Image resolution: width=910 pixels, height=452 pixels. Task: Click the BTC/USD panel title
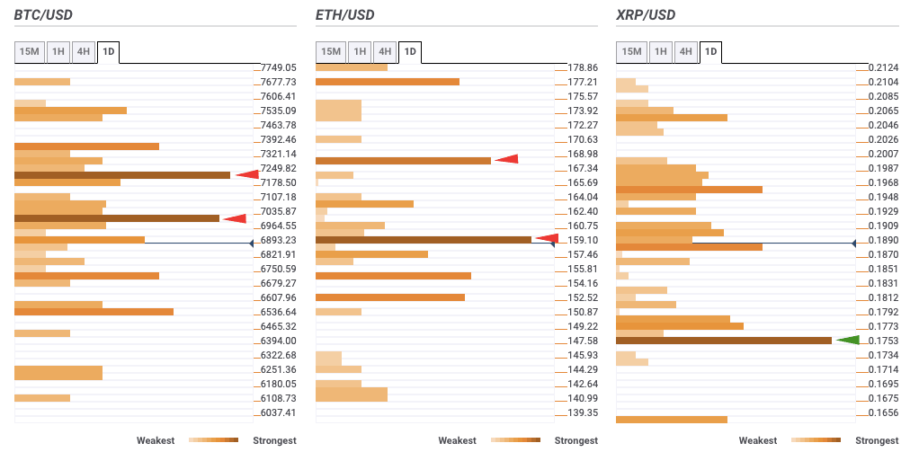[43, 15]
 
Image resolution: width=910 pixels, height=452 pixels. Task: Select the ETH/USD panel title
[345, 15]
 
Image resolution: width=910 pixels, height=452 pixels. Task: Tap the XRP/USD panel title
[646, 15]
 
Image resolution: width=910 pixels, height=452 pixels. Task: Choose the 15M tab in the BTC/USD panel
[30, 52]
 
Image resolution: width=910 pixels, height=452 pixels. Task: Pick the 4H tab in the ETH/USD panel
[384, 52]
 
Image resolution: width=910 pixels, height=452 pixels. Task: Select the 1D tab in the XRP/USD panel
[710, 52]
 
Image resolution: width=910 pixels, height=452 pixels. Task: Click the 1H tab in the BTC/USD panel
[58, 52]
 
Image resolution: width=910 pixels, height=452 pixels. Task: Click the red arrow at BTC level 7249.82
[246, 174]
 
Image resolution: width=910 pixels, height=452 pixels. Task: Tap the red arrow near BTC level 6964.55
[235, 218]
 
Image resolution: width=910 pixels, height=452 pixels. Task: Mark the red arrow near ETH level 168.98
[506, 159]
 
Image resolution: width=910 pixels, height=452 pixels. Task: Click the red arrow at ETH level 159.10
[547, 238]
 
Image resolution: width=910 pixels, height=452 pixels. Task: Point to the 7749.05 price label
[278, 67]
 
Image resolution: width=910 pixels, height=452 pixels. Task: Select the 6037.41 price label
[278, 412]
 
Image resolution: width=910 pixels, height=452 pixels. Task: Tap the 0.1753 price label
[884, 341]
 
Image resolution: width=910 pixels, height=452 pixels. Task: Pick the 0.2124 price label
[884, 67]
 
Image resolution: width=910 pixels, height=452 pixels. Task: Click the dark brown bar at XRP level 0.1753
[723, 341]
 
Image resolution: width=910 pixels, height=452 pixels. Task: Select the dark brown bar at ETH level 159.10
[423, 240]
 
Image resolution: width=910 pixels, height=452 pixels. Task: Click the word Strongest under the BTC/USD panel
[274, 440]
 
